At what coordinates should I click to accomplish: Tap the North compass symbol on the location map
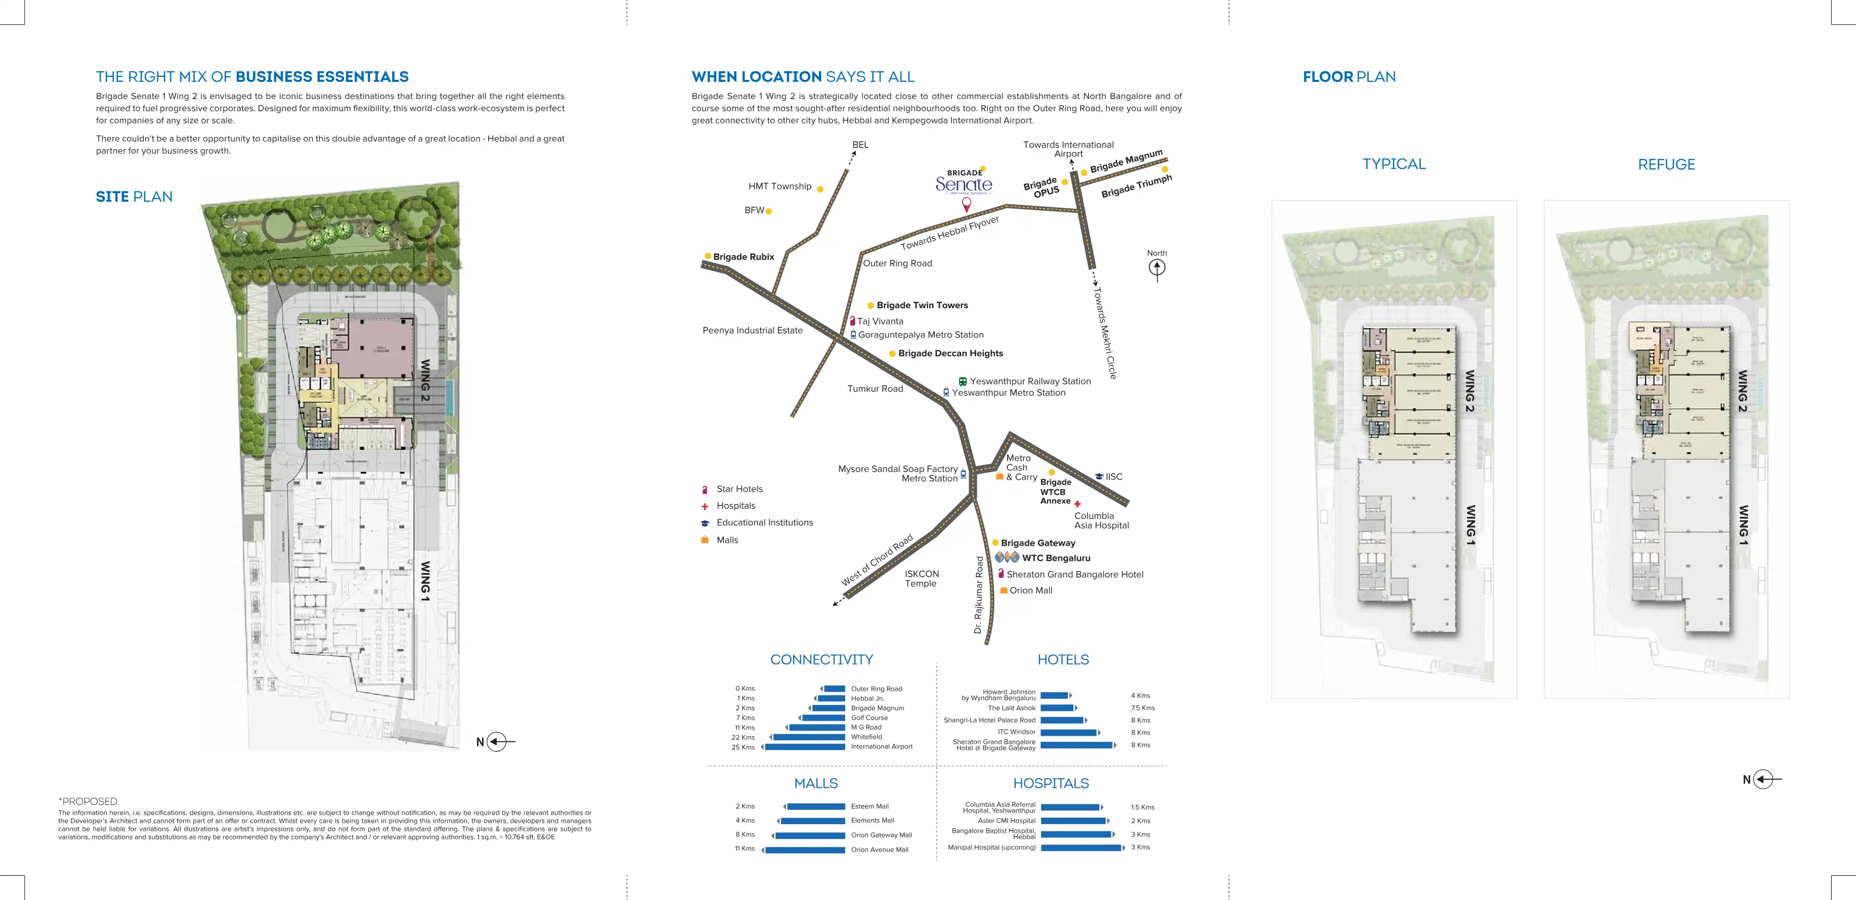point(1156,268)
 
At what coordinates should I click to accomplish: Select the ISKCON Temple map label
point(922,579)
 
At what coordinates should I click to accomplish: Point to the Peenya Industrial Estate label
point(752,330)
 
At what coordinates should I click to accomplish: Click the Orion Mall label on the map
point(1030,590)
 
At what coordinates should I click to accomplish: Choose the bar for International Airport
point(805,747)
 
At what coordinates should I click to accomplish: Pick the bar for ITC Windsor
point(1068,733)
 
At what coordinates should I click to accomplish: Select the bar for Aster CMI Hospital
point(1073,821)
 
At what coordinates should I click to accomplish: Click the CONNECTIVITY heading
point(822,659)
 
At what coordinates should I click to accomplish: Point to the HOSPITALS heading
point(1051,783)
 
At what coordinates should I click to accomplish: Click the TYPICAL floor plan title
point(1394,164)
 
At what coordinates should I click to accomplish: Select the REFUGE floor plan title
point(1666,165)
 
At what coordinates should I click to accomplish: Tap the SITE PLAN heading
point(134,197)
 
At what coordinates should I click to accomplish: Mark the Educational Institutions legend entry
point(764,523)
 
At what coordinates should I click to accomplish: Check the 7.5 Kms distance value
point(1143,708)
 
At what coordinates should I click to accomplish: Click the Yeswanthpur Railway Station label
point(1029,382)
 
